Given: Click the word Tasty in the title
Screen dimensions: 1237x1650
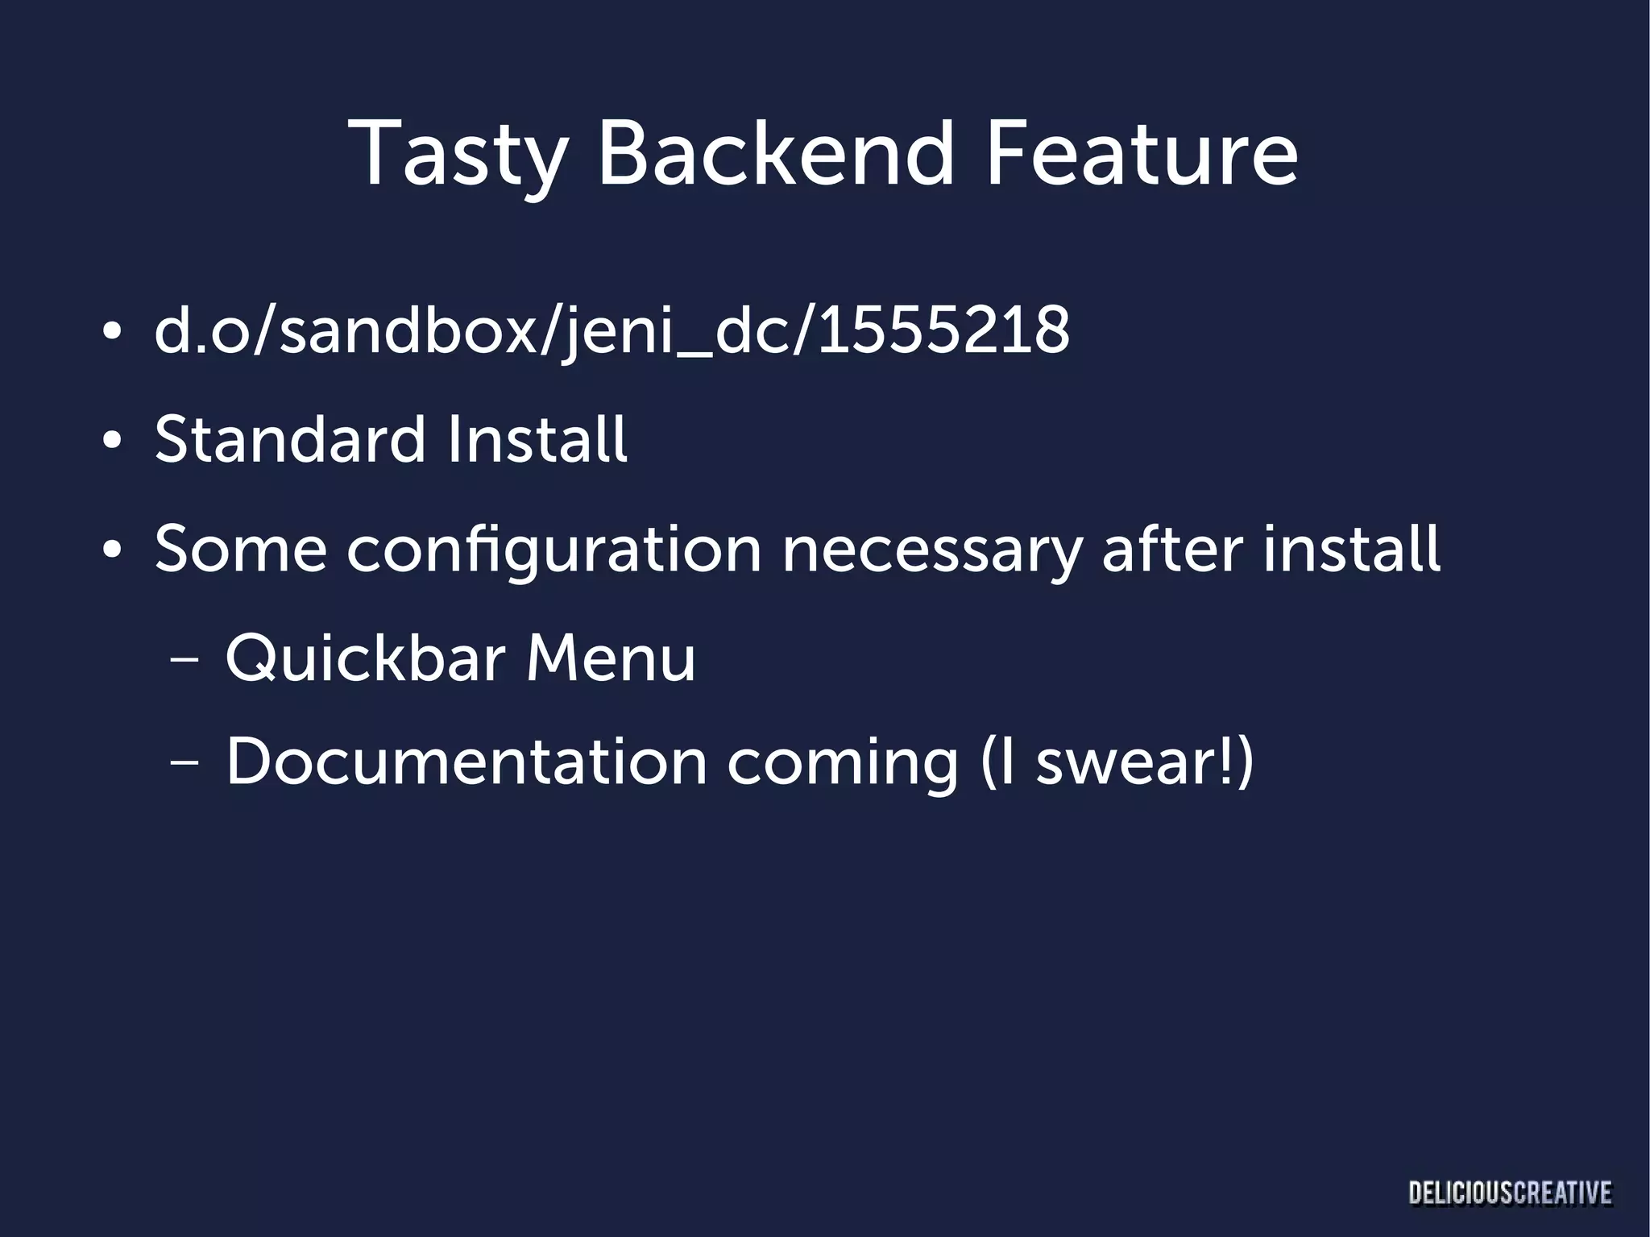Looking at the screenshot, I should [458, 155].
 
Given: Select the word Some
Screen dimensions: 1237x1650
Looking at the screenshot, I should [241, 550].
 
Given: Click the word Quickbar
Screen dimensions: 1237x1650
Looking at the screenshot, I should [365, 658].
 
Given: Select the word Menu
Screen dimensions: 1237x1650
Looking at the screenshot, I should [611, 658].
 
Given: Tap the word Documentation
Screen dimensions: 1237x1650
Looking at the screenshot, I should [466, 762].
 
